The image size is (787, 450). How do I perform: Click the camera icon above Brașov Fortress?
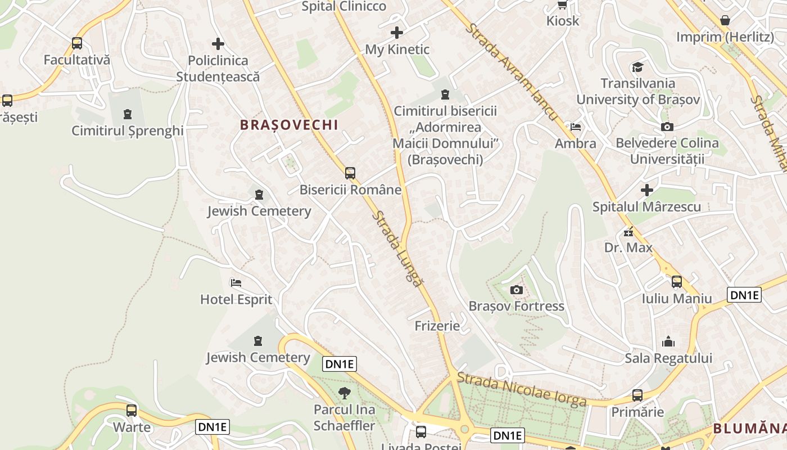tap(516, 290)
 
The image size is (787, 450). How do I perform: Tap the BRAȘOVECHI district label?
tap(289, 125)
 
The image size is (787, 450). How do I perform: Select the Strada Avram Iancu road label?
tap(512, 73)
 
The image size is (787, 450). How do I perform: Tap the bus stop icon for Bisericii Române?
tap(350, 173)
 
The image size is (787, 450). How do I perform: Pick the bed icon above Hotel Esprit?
tap(236, 282)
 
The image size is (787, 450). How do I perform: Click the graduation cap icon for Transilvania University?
tap(637, 67)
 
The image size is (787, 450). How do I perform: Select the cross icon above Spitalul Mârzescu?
tap(647, 190)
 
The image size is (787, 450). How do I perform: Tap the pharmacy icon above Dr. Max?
tap(628, 231)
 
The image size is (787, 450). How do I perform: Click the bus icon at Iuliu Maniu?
tap(677, 282)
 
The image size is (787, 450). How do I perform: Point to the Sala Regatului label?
tap(668, 358)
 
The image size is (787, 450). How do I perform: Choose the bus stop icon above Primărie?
tap(637, 395)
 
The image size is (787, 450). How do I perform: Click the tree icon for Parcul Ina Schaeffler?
tap(344, 393)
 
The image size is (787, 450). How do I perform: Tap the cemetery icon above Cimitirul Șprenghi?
tap(128, 114)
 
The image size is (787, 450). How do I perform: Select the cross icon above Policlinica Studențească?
tap(218, 44)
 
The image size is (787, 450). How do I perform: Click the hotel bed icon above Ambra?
tap(575, 127)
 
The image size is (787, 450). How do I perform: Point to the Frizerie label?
tap(437, 326)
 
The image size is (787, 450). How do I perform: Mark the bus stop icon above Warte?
tap(132, 411)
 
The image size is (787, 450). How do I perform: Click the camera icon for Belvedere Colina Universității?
tap(667, 127)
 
